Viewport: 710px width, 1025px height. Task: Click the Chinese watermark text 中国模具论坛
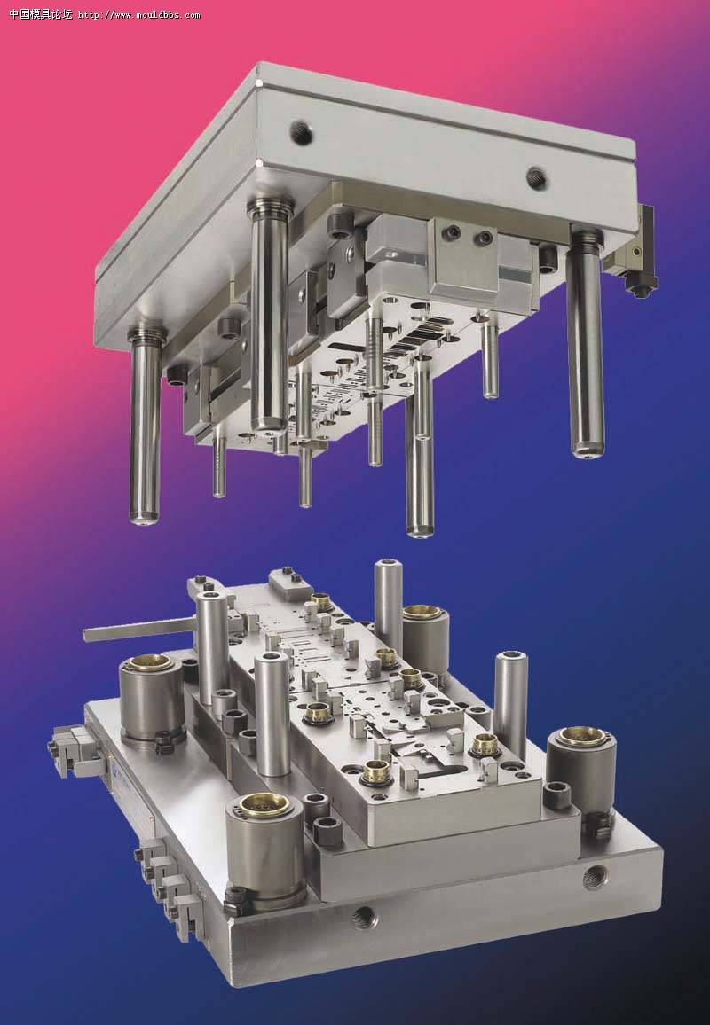point(41,13)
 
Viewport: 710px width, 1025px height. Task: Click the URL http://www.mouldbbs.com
point(139,14)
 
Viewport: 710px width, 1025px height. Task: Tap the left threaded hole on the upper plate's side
point(301,134)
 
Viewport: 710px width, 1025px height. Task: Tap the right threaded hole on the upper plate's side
point(537,176)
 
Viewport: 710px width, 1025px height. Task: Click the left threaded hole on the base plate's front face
point(365,918)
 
